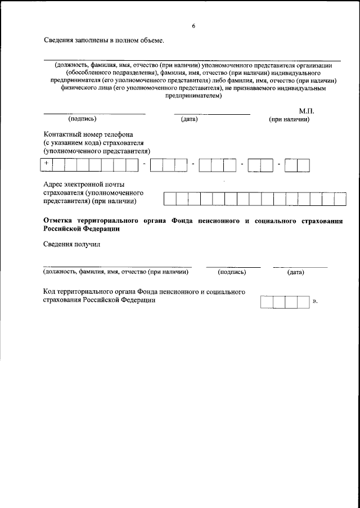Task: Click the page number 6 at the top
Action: [x=193, y=25]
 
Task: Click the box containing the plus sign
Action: [x=47, y=165]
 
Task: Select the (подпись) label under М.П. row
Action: [x=82, y=119]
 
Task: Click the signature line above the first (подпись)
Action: [x=94, y=114]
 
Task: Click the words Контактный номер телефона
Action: [x=88, y=135]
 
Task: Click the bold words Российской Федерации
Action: [x=81, y=230]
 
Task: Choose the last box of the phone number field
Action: [x=304, y=165]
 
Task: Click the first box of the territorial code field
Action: [x=267, y=301]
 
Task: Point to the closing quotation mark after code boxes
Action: [x=315, y=302]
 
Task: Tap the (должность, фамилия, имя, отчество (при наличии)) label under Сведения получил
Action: [x=116, y=272]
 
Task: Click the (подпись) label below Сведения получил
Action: [x=232, y=272]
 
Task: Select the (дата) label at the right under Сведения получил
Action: [x=295, y=272]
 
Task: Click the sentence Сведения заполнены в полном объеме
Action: [x=104, y=41]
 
